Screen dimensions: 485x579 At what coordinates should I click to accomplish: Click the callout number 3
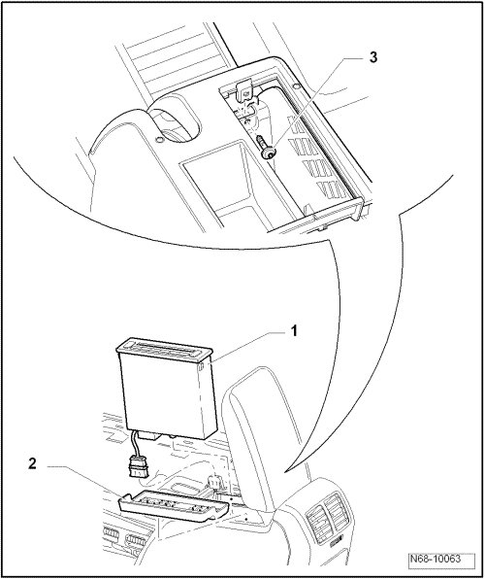coord(373,57)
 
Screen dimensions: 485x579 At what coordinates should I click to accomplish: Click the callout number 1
coord(294,331)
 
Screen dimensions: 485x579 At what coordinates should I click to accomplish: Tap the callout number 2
coord(32,463)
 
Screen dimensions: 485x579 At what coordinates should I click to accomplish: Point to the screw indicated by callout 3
coord(266,148)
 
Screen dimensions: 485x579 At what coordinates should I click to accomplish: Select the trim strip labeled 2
coord(174,507)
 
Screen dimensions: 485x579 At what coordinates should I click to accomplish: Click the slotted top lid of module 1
coord(165,349)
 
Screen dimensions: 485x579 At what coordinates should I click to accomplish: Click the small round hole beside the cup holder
coord(160,140)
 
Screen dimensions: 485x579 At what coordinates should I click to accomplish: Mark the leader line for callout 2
coord(84,479)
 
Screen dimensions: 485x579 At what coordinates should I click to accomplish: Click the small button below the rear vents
coord(337,542)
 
